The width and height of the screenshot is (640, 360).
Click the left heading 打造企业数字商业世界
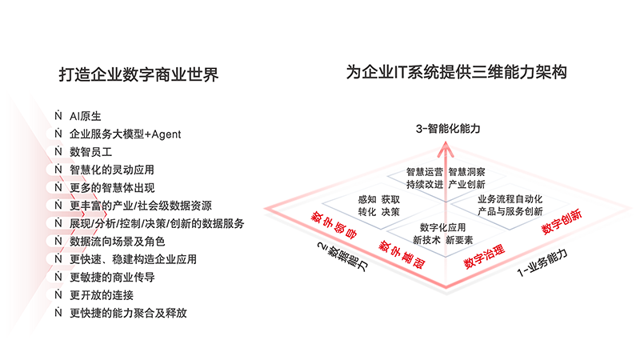tap(138, 74)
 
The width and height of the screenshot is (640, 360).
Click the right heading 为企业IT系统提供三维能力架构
tap(456, 72)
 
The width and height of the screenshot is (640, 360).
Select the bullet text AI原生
tap(86, 116)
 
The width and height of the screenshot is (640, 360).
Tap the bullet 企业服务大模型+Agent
tap(126, 134)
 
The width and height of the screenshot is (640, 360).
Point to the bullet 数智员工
tap(90, 152)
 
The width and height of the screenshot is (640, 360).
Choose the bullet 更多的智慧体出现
tap(112, 188)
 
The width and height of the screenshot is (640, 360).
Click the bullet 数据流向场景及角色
tap(117, 242)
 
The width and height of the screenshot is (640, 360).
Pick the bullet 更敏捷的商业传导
tap(112, 278)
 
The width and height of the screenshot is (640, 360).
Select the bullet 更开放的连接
tap(102, 295)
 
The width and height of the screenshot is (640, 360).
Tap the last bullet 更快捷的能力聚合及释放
tap(128, 313)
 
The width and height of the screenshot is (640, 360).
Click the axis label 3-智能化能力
tap(448, 129)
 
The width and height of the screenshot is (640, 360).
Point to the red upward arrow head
tap(446, 149)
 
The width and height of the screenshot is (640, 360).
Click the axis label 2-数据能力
tap(342, 257)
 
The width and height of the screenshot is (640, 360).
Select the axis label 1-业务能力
tap(542, 262)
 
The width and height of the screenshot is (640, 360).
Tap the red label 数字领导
tap(334, 225)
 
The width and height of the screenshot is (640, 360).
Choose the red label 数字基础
tap(402, 254)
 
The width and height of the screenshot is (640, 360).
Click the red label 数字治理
tap(485, 257)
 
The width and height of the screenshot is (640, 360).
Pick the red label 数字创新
tap(562, 222)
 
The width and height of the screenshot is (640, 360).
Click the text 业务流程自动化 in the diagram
tap(510, 199)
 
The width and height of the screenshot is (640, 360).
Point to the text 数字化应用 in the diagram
tap(443, 228)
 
